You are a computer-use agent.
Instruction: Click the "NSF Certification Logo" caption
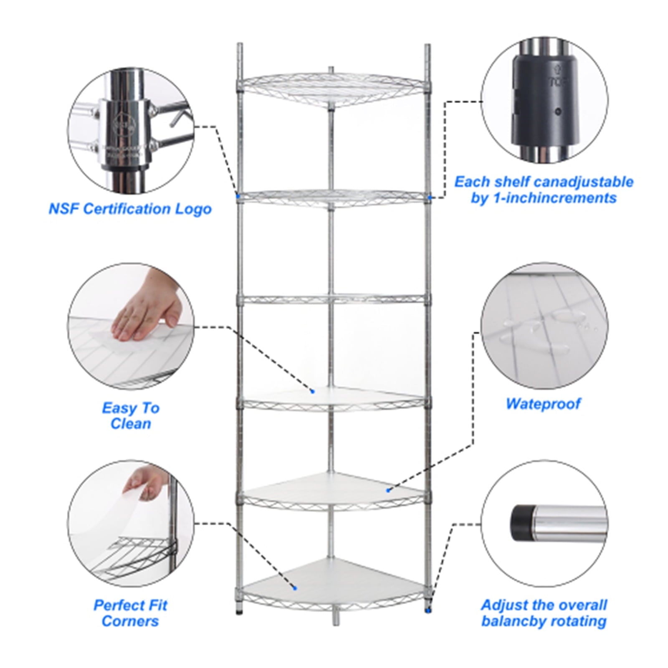(130, 209)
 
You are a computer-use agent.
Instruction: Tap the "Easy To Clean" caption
(131, 416)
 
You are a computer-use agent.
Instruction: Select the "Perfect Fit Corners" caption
(130, 613)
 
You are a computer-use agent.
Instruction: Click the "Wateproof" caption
(543, 404)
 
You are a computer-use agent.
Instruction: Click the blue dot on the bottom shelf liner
(295, 588)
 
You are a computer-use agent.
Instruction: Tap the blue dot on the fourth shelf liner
(312, 391)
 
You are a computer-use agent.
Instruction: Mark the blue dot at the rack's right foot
(429, 610)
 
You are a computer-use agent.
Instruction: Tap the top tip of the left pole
(239, 44)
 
